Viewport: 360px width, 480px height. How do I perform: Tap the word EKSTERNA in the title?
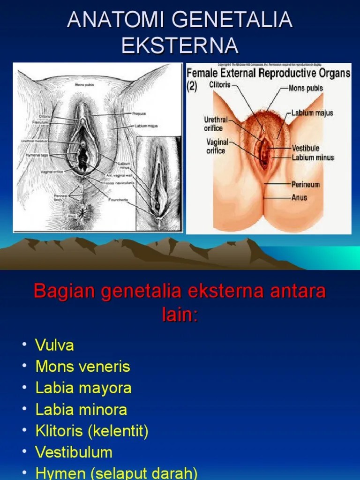[x=180, y=45]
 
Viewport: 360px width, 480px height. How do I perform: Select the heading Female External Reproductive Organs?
[x=269, y=73]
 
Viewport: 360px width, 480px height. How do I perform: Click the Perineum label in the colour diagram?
[x=305, y=184]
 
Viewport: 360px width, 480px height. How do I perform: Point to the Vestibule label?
[x=305, y=148]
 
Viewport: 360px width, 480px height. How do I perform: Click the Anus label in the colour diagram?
[x=299, y=197]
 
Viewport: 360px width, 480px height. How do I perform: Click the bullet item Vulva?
[x=54, y=346]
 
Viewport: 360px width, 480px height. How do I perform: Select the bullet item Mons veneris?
[x=82, y=367]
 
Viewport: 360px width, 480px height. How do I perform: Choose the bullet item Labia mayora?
[x=83, y=388]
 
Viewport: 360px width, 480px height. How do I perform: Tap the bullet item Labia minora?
[x=81, y=409]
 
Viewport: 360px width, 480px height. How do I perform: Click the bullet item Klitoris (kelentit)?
[x=92, y=431]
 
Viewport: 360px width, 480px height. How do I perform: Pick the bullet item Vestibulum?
[x=74, y=452]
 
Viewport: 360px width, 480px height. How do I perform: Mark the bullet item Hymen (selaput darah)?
[x=116, y=473]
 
